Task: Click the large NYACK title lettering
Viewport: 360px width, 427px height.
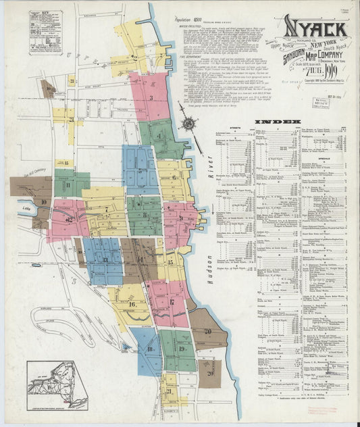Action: pos(315,28)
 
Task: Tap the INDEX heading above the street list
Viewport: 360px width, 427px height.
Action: pos(277,122)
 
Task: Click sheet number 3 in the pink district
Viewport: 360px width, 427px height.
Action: pos(151,97)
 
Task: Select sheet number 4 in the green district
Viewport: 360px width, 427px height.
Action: pos(159,136)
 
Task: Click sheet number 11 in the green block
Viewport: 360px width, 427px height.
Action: pos(68,184)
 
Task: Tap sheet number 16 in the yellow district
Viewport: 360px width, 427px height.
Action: pos(132,304)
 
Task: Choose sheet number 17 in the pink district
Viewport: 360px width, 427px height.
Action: pos(172,301)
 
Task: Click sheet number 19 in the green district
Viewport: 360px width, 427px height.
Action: pos(182,349)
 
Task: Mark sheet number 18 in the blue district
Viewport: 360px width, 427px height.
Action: pos(149,349)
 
